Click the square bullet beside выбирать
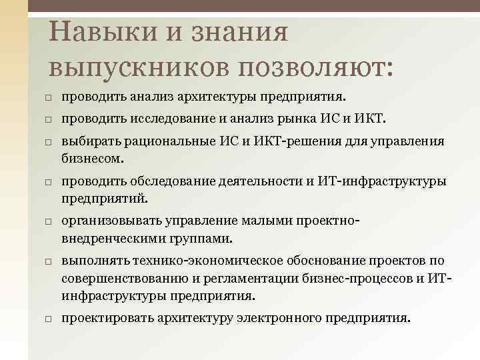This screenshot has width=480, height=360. [49, 143]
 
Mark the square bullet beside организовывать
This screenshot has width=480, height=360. [49, 221]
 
